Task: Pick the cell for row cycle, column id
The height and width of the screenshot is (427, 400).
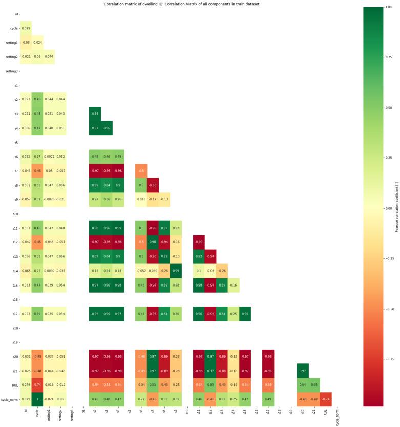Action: [x=26, y=28]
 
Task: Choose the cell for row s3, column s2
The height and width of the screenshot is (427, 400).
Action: [x=95, y=113]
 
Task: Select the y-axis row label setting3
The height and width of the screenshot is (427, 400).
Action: [x=12, y=71]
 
